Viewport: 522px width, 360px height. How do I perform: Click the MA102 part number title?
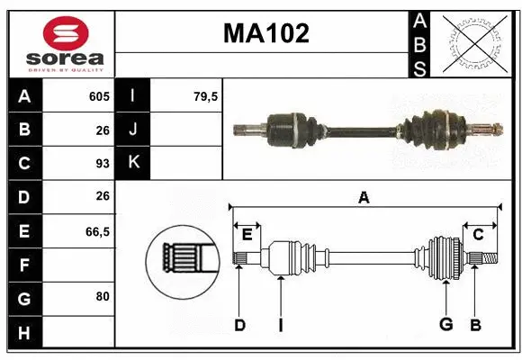(265, 34)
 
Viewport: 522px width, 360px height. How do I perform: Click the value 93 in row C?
(102, 164)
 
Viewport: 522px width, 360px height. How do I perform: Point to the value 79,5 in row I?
(206, 96)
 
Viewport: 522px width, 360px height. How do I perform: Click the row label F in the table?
(24, 265)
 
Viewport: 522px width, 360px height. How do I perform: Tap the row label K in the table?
(133, 164)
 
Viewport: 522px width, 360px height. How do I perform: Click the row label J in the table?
(133, 130)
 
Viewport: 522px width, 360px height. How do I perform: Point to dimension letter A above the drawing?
(364, 198)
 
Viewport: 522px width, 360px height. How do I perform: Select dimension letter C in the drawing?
(478, 235)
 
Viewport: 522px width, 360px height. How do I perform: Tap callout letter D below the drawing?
(239, 325)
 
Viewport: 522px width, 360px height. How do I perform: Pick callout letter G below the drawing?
(445, 325)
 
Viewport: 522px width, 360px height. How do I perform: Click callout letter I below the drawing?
(280, 325)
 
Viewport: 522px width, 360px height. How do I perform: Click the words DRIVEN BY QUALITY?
(66, 68)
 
